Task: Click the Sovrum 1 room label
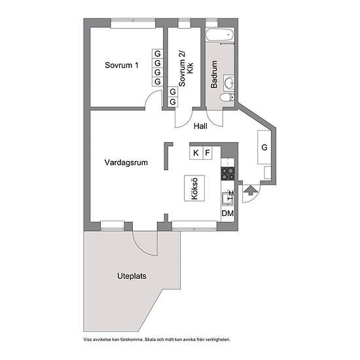click(x=122, y=65)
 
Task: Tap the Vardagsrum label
click(x=126, y=162)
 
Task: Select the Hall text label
click(x=200, y=126)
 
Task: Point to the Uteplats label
click(x=132, y=276)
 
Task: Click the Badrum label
click(x=214, y=74)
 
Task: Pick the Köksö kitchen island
click(x=194, y=189)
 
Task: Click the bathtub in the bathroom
click(x=220, y=35)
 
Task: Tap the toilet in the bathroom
click(x=227, y=98)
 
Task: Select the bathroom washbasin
click(x=228, y=82)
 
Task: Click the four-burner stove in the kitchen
click(x=228, y=173)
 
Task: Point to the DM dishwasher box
click(x=228, y=213)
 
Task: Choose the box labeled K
click(x=196, y=153)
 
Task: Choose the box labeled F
click(x=207, y=153)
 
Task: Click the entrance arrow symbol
click(x=251, y=190)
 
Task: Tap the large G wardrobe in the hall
click(x=264, y=147)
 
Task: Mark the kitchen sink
click(x=227, y=198)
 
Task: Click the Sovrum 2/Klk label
click(x=186, y=69)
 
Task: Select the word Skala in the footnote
click(x=151, y=339)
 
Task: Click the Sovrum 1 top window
click(x=133, y=23)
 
